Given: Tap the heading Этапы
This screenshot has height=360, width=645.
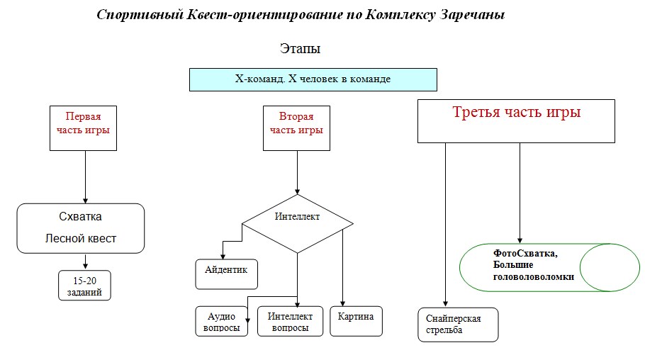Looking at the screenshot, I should [x=301, y=49].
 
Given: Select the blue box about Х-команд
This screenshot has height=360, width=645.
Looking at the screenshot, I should [x=313, y=79].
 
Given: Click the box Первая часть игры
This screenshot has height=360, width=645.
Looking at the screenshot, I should [x=84, y=128].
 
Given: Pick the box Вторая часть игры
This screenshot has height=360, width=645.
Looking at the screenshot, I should [x=296, y=128].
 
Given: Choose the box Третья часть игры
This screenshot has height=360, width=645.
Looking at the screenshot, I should [x=515, y=120].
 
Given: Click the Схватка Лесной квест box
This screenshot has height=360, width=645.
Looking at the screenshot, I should [x=81, y=228].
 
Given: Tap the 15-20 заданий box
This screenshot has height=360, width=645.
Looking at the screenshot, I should [x=85, y=286].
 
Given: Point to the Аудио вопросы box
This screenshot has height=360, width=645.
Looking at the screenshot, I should [x=221, y=321].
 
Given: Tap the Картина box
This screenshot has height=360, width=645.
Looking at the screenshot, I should [x=357, y=320].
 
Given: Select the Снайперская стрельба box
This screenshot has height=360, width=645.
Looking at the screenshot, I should [x=458, y=325].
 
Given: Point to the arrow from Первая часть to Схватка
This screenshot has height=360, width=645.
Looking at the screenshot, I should [x=85, y=177].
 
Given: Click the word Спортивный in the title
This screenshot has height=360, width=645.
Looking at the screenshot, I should [x=130, y=15].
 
